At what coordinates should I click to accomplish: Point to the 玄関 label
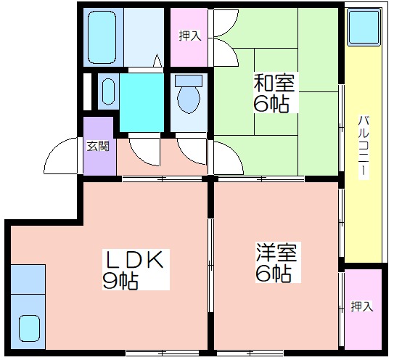click(98, 146)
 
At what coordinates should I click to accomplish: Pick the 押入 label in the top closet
click(190, 36)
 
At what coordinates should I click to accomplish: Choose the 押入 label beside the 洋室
click(362, 306)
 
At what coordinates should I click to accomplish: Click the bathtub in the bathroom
click(102, 37)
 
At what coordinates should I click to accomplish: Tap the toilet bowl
click(189, 100)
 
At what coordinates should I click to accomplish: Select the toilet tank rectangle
click(189, 81)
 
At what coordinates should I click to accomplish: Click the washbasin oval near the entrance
click(108, 91)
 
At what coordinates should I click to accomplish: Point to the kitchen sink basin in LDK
click(30, 328)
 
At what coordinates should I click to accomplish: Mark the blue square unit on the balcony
click(364, 27)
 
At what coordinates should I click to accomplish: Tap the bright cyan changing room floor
click(141, 102)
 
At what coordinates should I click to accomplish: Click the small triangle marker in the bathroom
click(157, 60)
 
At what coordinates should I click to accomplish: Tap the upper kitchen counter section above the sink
click(28, 279)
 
